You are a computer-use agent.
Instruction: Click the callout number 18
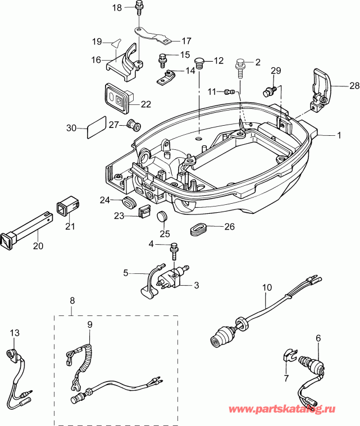pyautogui.click(x=117, y=7)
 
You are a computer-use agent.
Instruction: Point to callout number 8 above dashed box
pyautogui.click(x=71, y=301)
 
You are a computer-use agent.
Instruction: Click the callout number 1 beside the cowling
pyautogui.click(x=339, y=135)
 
